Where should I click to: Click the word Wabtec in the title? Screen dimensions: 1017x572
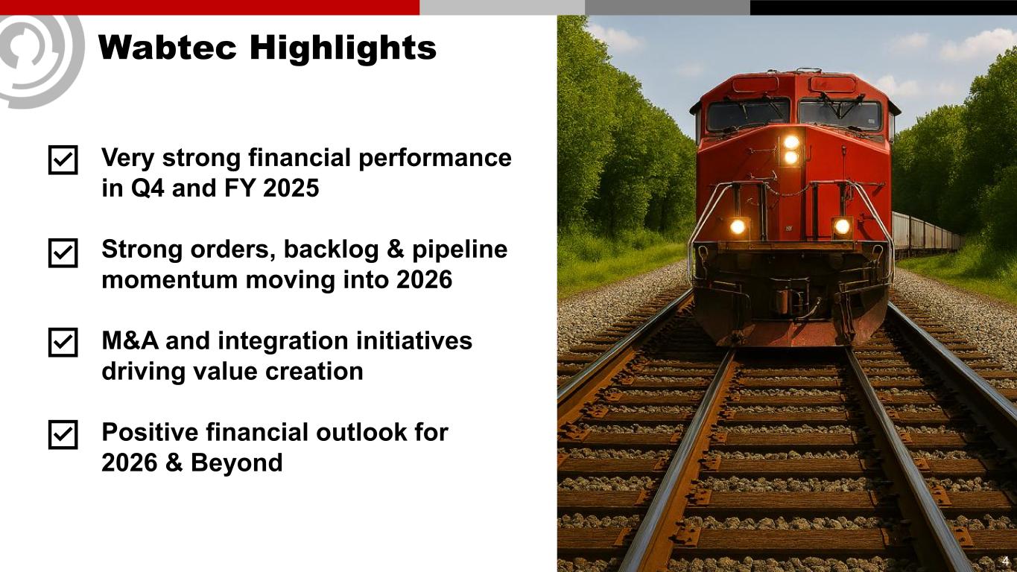(x=167, y=47)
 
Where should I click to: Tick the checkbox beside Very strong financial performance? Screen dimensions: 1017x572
(x=63, y=160)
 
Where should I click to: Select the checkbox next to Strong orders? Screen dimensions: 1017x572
(x=63, y=253)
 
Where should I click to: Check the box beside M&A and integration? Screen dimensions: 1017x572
(x=63, y=343)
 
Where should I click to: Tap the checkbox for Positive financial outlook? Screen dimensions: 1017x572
(x=63, y=434)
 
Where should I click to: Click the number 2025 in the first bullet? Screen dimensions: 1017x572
(x=291, y=188)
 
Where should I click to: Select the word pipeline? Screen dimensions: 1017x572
(x=460, y=250)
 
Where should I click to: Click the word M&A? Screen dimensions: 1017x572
(x=130, y=340)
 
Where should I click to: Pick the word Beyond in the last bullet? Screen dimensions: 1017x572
(x=236, y=463)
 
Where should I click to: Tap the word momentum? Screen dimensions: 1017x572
(x=170, y=279)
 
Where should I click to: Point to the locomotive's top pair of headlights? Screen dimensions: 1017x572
(x=791, y=150)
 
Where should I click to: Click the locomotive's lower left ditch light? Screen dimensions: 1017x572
(x=738, y=226)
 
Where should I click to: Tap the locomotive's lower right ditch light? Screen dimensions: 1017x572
(x=842, y=226)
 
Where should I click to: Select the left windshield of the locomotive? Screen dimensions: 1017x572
(x=748, y=115)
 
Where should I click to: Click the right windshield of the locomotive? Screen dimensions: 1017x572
(x=840, y=115)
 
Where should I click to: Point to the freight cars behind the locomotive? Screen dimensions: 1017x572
(x=926, y=235)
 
